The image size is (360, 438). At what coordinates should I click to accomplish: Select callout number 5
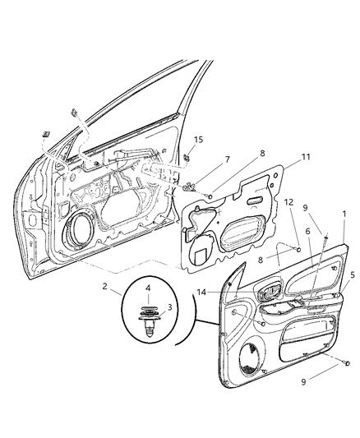[353, 274]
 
